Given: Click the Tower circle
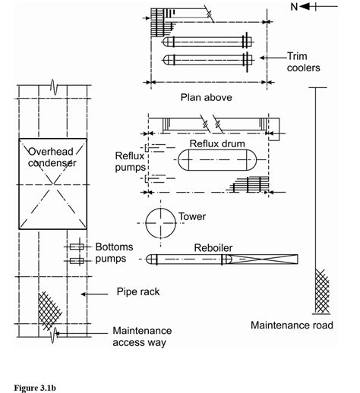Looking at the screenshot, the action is pyautogui.click(x=146, y=223).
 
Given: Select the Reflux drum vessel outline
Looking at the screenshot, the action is pyautogui.click(x=217, y=149).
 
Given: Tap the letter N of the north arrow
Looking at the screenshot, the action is pyautogui.click(x=294, y=7).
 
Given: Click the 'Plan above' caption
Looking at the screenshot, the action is pyautogui.click(x=207, y=97).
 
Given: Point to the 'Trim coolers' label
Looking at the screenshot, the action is pyautogui.click(x=303, y=62).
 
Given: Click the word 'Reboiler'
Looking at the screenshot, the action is pyautogui.click(x=213, y=248).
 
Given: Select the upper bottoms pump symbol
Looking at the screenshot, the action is pyautogui.click(x=77, y=247).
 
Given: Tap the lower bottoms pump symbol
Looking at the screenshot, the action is pyautogui.click(x=77, y=261).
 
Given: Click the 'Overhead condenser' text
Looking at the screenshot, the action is pyautogui.click(x=52, y=157).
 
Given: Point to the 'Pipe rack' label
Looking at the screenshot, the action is pyautogui.click(x=138, y=291).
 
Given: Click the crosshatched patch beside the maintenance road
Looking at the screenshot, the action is pyautogui.click(x=322, y=291).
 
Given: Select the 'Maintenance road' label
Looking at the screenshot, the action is pyautogui.click(x=292, y=325).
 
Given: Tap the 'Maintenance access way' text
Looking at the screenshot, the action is pyautogui.click(x=142, y=337).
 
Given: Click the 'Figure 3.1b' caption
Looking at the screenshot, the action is pyautogui.click(x=35, y=388).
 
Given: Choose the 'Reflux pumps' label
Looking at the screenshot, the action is pyautogui.click(x=130, y=162).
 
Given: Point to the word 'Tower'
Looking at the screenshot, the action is pyautogui.click(x=192, y=216).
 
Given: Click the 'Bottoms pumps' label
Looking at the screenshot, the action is pyautogui.click(x=114, y=253).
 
